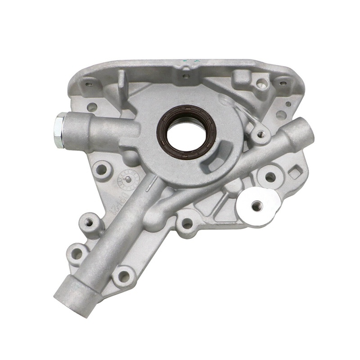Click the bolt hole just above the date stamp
[x=102, y=170]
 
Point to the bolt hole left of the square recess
[x=269, y=177]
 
